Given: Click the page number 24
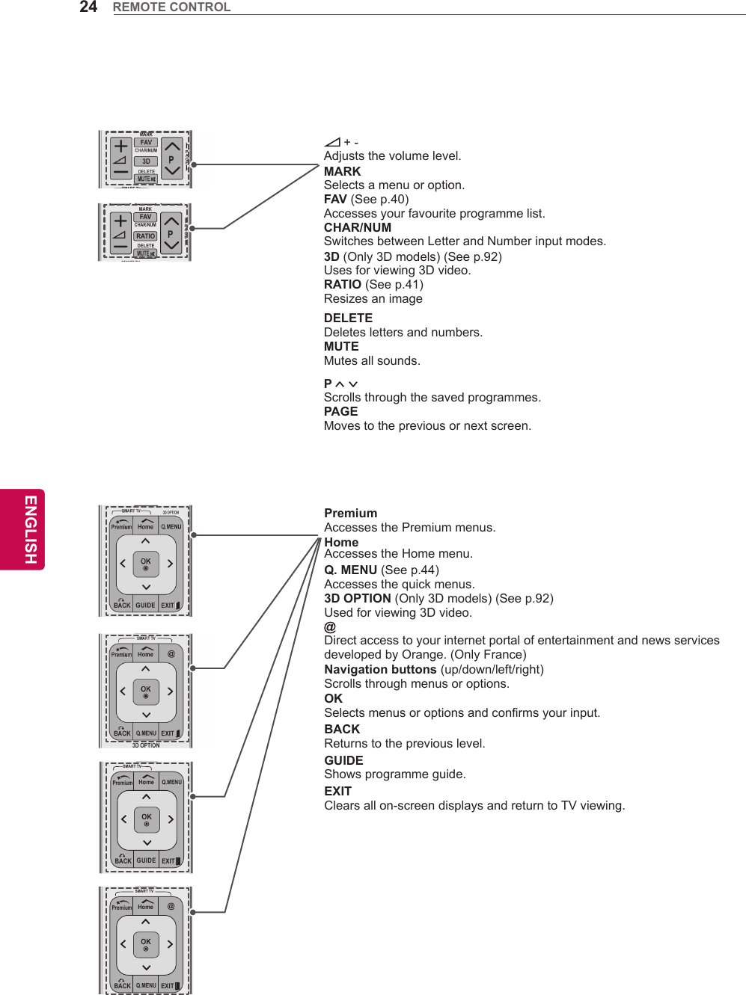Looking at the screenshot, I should (x=88, y=7).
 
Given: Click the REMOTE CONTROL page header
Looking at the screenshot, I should (x=171, y=7).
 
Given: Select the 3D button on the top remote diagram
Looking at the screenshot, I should (x=146, y=161).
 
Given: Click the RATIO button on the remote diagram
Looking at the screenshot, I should (x=145, y=236).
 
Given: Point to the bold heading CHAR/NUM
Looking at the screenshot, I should (x=357, y=227).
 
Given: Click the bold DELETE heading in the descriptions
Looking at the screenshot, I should (x=348, y=318).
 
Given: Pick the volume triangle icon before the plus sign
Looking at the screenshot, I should (x=332, y=142).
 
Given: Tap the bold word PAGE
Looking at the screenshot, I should (x=340, y=411).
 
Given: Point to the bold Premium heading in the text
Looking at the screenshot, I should (x=350, y=513).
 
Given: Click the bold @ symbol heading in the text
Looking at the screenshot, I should (x=330, y=626).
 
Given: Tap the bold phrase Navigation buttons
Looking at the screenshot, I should (x=380, y=669).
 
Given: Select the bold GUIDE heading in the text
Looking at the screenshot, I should (x=343, y=760).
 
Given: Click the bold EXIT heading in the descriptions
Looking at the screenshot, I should (x=337, y=791).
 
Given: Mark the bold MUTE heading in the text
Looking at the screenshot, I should (x=341, y=346).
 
